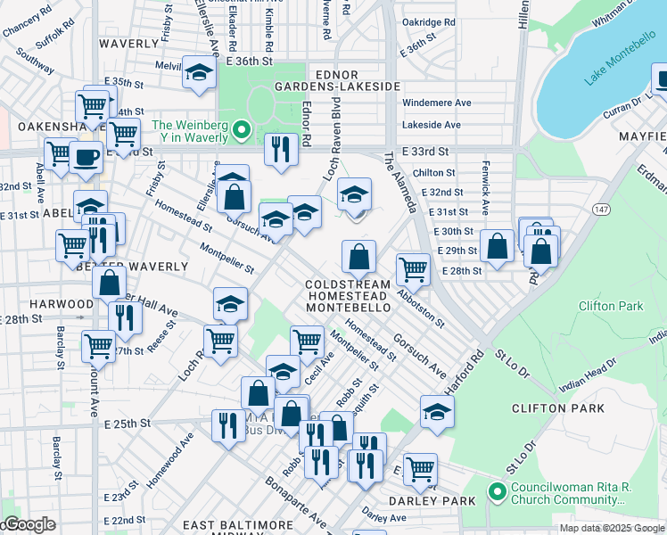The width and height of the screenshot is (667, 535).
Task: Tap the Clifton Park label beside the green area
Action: pyautogui.click(x=611, y=306)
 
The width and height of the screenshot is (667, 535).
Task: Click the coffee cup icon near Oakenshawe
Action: pyautogui.click(x=86, y=158)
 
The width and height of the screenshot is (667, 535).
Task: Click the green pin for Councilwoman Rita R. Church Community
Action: pyautogui.click(x=496, y=491)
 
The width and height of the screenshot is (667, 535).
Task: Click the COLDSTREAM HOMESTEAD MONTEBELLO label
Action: pyautogui.click(x=348, y=295)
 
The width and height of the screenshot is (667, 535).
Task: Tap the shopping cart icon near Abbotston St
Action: pyautogui.click(x=412, y=267)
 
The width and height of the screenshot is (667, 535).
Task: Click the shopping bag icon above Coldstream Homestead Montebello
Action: pyautogui.click(x=358, y=257)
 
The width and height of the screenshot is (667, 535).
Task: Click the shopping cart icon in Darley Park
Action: pyautogui.click(x=419, y=468)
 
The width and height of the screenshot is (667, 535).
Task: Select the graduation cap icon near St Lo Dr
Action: pyautogui.click(x=436, y=411)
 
